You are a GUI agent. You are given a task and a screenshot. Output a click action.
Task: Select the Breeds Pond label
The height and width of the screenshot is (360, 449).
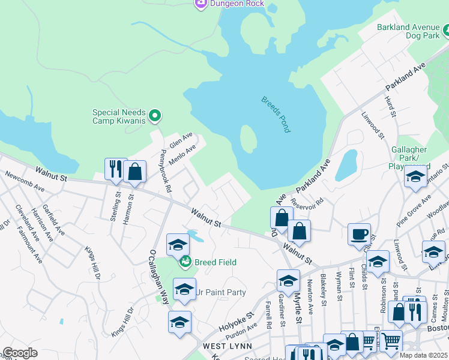[x=276, y=114]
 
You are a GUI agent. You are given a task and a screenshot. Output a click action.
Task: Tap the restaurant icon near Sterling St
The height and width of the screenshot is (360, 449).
[x=115, y=170]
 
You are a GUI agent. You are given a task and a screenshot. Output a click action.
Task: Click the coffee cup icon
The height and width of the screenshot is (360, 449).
[x=359, y=234]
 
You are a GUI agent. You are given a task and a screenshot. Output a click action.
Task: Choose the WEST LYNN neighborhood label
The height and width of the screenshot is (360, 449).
[x=225, y=347]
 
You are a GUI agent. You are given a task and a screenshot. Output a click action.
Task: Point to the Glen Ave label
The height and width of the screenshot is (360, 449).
[x=180, y=141]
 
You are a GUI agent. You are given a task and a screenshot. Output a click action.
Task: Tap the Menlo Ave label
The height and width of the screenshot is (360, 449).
[x=182, y=155]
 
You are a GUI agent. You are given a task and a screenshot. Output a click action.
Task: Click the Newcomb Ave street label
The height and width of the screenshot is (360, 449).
[x=25, y=183]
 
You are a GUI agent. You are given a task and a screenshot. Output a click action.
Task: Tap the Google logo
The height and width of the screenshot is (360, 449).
[x=20, y=353]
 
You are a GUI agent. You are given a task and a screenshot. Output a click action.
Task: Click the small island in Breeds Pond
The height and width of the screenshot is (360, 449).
[x=248, y=139]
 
